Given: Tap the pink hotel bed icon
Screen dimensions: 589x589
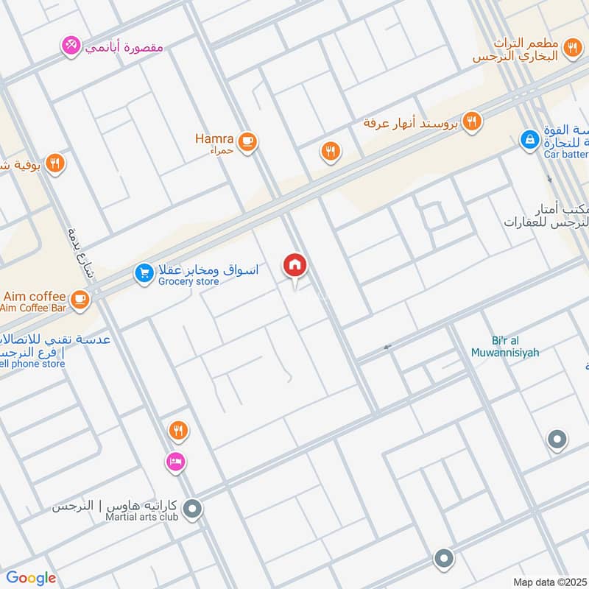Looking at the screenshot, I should coord(176,462).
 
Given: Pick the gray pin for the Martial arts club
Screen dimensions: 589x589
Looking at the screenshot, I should coord(193,509).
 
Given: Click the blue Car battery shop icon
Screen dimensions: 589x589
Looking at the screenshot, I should coord(529,138).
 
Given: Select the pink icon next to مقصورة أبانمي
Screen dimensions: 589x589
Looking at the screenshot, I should coord(71,46).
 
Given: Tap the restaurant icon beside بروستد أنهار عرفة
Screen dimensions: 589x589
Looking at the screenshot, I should coord(473,121).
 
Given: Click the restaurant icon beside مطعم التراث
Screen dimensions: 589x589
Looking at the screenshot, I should coord(571,49).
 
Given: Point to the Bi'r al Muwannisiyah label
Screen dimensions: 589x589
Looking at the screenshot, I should coord(505,347).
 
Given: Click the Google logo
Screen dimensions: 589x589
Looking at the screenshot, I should coord(31,578).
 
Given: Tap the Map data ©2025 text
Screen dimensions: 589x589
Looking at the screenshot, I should coord(549,582).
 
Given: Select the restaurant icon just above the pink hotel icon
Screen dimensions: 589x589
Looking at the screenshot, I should coord(177,429).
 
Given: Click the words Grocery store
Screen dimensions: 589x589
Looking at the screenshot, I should coord(187,282).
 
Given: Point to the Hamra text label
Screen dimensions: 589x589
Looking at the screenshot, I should coord(214,138).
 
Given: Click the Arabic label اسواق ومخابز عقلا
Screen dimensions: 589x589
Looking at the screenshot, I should coord(208,270).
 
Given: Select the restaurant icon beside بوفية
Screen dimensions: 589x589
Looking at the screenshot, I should coord(54,163).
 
